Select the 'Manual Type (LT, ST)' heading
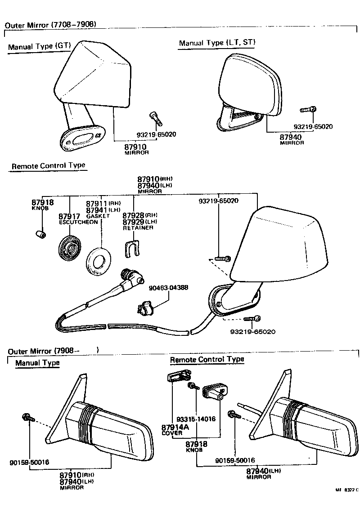(x=217, y=43)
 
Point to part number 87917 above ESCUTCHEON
(x=69, y=216)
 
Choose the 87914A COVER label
(x=172, y=430)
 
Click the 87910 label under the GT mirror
(x=137, y=147)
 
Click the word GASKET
(x=98, y=216)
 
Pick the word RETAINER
(x=138, y=228)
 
